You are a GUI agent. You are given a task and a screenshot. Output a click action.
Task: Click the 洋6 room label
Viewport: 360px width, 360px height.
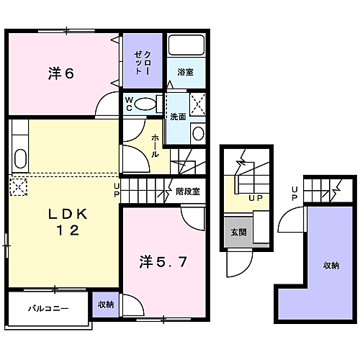pos(61,73)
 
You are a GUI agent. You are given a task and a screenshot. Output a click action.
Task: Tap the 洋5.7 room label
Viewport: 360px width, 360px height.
pos(163,261)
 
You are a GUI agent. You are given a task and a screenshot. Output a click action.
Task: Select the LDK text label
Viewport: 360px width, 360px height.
pos(68,214)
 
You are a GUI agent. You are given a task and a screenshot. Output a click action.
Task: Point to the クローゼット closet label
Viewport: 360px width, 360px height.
pos(143,63)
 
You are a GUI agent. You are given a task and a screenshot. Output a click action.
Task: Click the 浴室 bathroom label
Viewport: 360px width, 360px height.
pos(186,72)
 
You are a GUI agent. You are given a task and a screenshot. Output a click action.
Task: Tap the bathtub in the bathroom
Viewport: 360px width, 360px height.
pos(186,45)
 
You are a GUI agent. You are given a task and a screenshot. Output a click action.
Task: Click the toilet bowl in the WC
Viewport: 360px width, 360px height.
pos(145,104)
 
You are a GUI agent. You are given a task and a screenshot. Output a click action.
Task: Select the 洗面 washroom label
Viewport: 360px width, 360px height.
pos(178,117)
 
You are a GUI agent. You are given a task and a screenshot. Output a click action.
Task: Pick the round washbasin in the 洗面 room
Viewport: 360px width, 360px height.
pos(198,133)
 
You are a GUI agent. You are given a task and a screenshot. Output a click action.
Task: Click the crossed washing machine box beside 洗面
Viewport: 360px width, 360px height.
pos(198,104)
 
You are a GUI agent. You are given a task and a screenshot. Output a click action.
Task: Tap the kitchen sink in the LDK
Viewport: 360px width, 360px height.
pos(20,158)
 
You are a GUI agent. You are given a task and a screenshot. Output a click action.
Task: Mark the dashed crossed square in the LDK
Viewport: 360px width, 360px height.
pos(19,186)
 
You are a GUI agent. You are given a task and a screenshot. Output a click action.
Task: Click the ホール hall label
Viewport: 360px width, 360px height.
pos(155,146)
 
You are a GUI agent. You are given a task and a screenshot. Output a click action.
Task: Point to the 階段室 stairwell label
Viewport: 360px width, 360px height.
pos(188,192)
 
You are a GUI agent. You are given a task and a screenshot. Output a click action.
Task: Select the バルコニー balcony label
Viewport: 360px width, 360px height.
pos(48,308)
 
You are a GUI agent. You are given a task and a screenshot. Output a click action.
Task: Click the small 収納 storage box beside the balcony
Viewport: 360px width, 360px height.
pos(106,305)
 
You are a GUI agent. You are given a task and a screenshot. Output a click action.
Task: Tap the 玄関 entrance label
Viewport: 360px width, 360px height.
pos(238,232)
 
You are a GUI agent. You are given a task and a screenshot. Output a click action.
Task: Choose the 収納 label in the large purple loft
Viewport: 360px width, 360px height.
pos(331,266)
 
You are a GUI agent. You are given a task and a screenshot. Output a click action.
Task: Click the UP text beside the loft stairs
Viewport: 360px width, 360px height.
pos(294,194)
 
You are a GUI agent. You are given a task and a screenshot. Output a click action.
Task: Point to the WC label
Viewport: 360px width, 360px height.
pos(129,104)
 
